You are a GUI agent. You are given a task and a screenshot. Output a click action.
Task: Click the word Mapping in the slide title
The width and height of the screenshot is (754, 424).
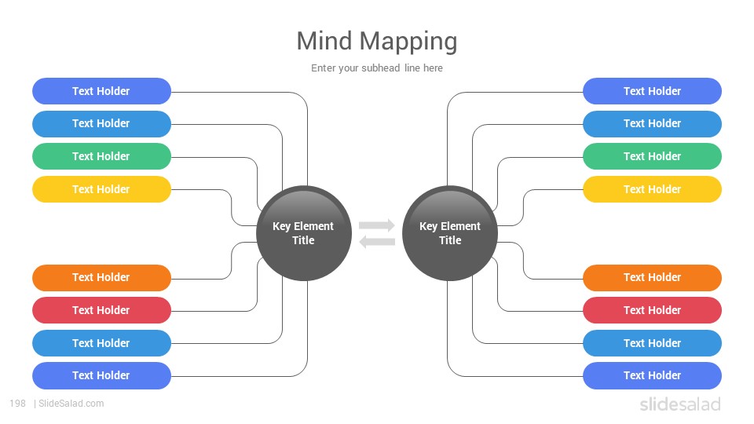click(x=408, y=42)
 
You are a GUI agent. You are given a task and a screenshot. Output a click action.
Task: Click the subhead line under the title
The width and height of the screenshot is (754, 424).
click(x=376, y=68)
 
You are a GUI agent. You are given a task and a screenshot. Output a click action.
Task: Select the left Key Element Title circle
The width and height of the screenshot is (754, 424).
click(x=304, y=233)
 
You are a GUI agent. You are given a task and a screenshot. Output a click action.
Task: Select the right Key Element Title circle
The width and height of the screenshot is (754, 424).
click(x=450, y=233)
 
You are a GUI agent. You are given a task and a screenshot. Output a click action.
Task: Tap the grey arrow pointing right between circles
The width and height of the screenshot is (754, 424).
click(x=377, y=225)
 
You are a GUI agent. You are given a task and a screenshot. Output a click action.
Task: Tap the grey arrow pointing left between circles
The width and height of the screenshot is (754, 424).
click(x=377, y=241)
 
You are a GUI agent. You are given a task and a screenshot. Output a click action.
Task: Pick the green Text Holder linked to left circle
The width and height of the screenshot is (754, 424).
click(x=101, y=156)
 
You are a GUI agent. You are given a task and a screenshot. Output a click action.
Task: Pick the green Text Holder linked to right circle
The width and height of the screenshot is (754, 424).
click(x=652, y=156)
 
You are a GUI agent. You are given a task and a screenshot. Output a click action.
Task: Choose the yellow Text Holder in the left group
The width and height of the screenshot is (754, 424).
click(x=101, y=189)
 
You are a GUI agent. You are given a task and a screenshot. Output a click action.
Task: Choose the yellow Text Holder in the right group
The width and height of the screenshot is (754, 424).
click(x=652, y=189)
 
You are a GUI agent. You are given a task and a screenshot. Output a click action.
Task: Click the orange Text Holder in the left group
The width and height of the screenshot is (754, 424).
click(x=101, y=277)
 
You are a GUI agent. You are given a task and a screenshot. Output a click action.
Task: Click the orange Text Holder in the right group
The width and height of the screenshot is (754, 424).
click(x=652, y=277)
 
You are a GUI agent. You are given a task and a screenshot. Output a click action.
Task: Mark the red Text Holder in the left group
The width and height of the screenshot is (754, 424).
click(x=101, y=310)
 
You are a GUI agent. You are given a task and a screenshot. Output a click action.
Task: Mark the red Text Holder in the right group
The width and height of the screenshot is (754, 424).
click(x=652, y=310)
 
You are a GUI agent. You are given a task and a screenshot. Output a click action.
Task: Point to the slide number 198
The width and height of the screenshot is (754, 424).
click(x=18, y=404)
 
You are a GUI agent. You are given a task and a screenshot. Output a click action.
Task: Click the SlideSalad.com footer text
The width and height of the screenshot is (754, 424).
click(x=71, y=404)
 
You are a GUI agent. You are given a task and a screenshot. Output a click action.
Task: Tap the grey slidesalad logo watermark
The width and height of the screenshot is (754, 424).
click(x=680, y=404)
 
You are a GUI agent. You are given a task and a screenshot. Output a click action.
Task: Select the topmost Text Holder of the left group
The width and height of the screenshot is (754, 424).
click(x=101, y=91)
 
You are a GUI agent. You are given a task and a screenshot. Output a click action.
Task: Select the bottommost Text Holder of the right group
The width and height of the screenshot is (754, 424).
click(x=652, y=375)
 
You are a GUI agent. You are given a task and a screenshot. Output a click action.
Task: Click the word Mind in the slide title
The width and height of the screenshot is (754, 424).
click(x=324, y=41)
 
